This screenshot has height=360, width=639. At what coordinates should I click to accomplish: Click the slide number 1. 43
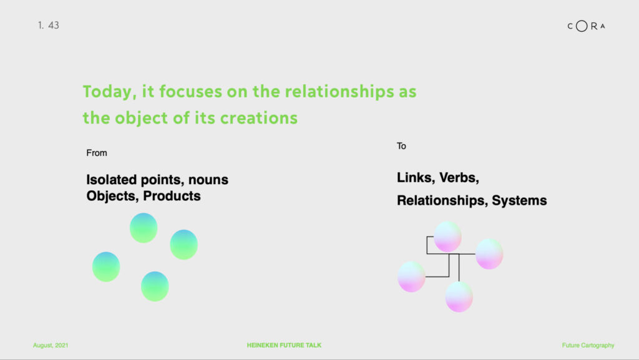point(49,25)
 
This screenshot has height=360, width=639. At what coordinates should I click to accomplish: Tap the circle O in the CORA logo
point(582,26)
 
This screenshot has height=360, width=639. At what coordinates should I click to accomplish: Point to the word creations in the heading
point(259,118)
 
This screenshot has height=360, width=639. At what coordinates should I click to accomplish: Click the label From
point(97,153)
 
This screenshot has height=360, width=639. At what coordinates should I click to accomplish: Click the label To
point(401,146)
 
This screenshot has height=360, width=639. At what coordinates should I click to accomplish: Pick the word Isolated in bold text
point(111,180)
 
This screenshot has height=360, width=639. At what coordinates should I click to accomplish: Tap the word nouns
point(208,180)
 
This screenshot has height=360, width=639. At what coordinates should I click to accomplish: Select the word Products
point(172,196)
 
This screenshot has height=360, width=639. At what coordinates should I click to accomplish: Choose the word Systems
point(519,200)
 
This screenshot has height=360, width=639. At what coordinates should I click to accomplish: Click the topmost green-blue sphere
point(144,228)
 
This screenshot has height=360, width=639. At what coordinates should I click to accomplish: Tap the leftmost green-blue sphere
point(106,267)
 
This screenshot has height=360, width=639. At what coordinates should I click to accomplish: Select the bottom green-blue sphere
point(155,286)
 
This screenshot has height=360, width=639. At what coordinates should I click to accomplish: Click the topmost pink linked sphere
point(447,236)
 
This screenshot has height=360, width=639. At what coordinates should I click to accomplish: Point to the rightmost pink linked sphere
point(489,254)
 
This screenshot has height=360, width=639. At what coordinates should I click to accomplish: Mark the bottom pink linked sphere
point(459,297)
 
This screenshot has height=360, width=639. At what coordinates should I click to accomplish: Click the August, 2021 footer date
point(51,346)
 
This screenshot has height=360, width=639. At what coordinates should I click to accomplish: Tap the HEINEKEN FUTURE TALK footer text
point(284,346)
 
